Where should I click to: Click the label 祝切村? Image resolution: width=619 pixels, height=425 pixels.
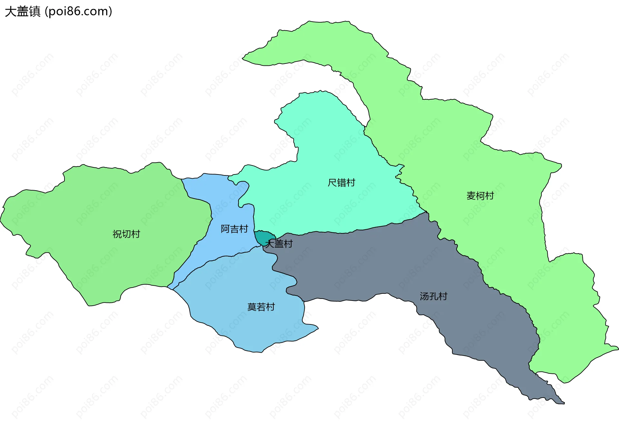(x=126, y=234)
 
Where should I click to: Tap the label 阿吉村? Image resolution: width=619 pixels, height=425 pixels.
(x=234, y=229)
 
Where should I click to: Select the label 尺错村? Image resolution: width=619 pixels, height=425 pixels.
(x=341, y=183)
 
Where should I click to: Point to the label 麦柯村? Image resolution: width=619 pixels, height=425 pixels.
(x=480, y=195)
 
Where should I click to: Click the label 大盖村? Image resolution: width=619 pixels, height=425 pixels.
(x=279, y=243)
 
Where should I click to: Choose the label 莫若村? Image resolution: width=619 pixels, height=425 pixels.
(x=261, y=307)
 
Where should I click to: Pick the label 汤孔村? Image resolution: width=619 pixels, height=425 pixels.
(x=433, y=296)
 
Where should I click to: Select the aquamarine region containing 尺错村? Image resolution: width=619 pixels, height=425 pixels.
(x=322, y=145)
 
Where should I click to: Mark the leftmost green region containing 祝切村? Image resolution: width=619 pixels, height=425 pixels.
(x=97, y=210)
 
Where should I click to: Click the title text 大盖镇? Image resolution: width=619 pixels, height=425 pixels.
(x=23, y=11)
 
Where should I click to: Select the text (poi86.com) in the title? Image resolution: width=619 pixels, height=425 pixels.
(x=78, y=11)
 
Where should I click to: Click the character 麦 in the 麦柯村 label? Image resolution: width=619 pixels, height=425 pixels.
(x=471, y=195)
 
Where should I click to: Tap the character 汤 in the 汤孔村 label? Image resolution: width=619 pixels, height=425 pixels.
(x=424, y=296)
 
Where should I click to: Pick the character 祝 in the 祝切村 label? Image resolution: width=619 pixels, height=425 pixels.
(x=117, y=234)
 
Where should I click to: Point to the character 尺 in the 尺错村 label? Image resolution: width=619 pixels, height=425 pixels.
(x=332, y=183)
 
